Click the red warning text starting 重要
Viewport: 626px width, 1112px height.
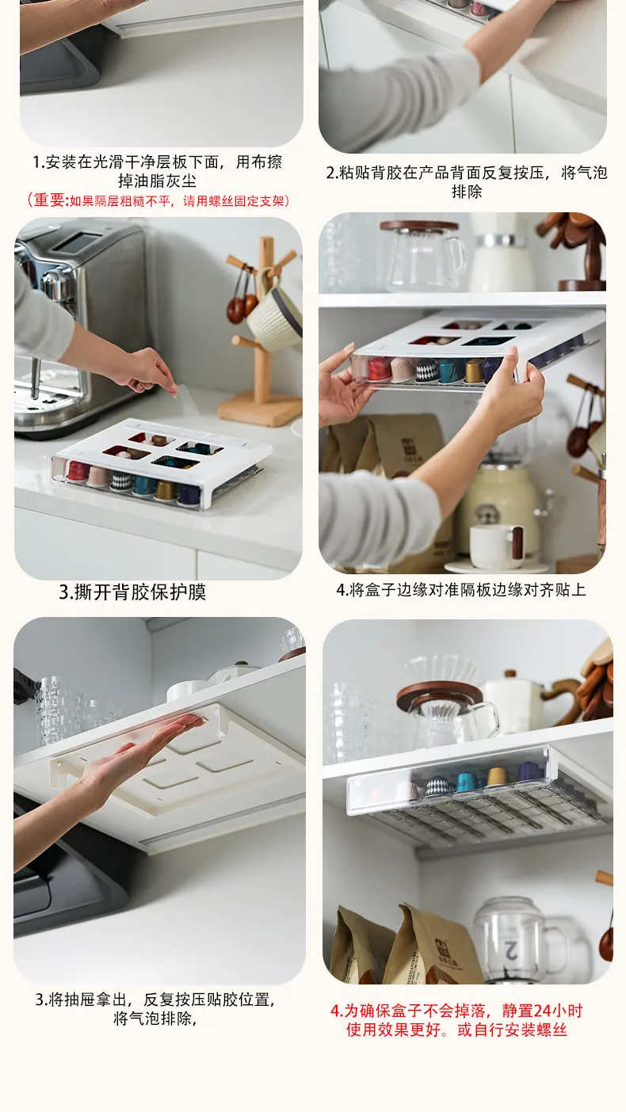point(158,200)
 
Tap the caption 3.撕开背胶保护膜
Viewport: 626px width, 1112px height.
point(132,592)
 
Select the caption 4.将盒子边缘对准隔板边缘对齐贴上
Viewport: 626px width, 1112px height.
point(461,590)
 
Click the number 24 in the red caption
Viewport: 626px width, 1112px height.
point(549,1011)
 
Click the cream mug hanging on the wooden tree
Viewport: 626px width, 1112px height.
point(275,313)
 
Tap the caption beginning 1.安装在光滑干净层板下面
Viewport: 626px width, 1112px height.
point(158,171)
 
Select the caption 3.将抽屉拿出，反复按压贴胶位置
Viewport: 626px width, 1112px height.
point(155,1009)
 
